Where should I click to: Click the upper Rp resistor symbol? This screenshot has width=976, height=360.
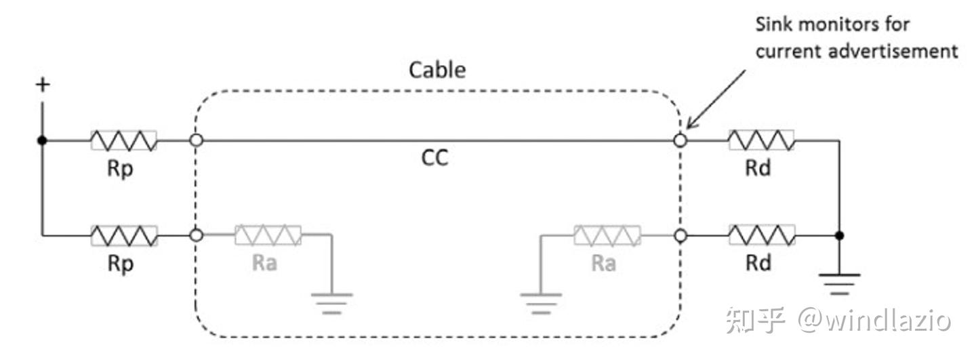pos(123,141)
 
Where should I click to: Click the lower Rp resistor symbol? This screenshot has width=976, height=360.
pos(123,236)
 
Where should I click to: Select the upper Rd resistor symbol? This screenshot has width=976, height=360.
pos(761,141)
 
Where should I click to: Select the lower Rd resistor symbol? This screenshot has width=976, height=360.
pos(761,236)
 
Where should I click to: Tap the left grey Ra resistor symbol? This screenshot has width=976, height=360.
pos(268,236)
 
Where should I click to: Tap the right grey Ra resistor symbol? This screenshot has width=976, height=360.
pos(607,236)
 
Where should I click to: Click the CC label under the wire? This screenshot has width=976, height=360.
pos(434,159)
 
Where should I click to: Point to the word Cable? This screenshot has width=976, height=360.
pos(437,70)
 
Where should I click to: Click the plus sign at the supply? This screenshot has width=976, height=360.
pos(43,85)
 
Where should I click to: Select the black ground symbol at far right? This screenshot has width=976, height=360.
pos(839,282)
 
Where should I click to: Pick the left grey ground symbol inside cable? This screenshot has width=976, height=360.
pos(332,301)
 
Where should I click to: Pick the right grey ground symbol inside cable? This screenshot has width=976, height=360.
pos(541,301)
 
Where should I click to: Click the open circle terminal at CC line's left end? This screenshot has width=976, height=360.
pos(197,141)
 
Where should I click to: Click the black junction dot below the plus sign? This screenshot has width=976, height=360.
pos(43,141)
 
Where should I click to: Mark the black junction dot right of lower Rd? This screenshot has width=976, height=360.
pos(839,236)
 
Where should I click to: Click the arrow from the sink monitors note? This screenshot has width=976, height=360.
pos(716,97)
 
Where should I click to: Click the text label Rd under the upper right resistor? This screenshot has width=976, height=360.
pos(758,168)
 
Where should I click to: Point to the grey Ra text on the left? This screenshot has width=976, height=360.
pos(264,262)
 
